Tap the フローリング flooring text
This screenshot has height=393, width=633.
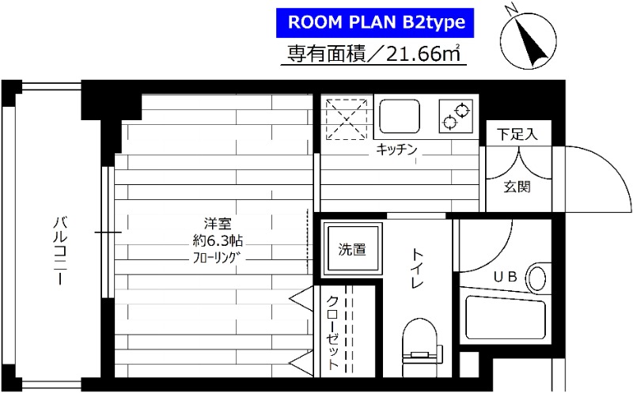click(x=216, y=259)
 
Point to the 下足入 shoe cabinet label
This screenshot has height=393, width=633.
click(x=517, y=134)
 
